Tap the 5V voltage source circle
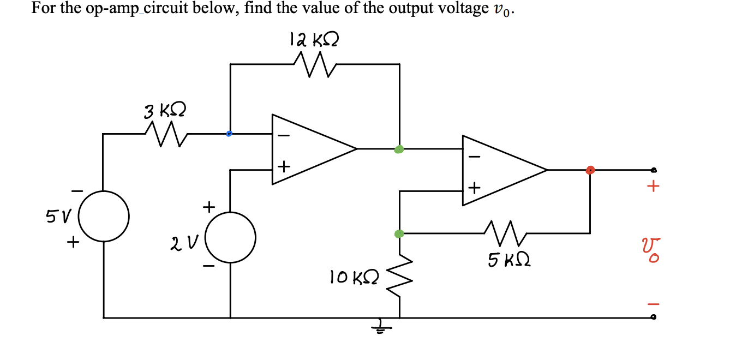coord(104,216)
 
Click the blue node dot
coord(229,133)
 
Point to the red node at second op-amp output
coord(590,170)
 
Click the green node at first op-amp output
coord(399,149)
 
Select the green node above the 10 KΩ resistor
coord(399,234)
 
